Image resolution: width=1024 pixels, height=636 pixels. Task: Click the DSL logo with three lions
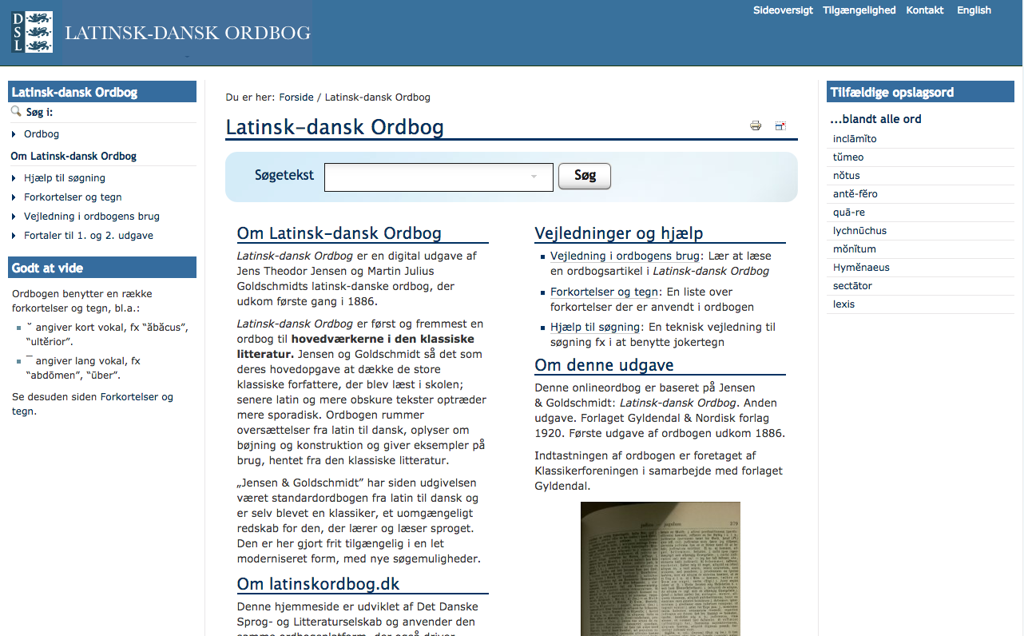click(x=32, y=32)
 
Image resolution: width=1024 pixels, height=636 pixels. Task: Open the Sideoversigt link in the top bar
click(x=783, y=10)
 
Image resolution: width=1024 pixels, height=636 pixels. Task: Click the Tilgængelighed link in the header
click(x=859, y=10)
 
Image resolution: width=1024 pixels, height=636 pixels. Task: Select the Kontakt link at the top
click(x=925, y=10)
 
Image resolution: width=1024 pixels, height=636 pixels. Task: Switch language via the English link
click(x=974, y=10)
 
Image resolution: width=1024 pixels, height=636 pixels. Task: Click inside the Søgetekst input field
click(x=438, y=177)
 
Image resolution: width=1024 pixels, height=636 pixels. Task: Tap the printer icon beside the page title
click(x=756, y=125)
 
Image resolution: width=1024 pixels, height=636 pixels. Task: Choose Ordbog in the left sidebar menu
click(x=42, y=134)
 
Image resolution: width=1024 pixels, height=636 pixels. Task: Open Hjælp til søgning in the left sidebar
click(x=65, y=178)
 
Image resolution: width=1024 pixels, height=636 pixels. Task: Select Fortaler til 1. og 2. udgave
click(x=89, y=236)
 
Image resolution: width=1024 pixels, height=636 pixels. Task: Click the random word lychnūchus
click(x=859, y=231)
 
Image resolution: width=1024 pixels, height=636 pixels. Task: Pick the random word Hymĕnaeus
click(x=861, y=268)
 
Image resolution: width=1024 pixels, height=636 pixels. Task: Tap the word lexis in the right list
click(x=843, y=304)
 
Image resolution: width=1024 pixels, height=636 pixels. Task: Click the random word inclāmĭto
click(x=855, y=139)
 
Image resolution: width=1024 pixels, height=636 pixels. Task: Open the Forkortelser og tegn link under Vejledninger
click(x=604, y=292)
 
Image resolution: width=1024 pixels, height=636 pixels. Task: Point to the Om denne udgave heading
click(x=604, y=365)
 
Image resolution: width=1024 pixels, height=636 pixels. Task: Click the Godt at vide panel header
click(x=102, y=268)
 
